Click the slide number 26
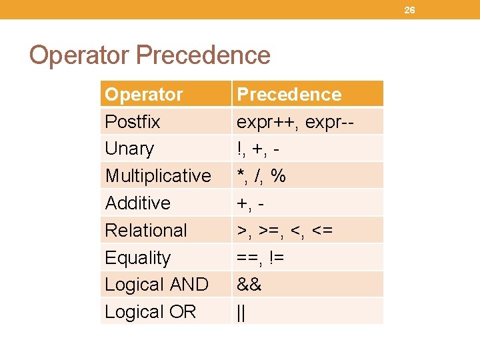click(x=409, y=10)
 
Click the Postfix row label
click(x=133, y=121)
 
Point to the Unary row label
click(x=129, y=149)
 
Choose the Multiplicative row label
click(x=158, y=176)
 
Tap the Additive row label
click(x=138, y=203)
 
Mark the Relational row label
click(x=146, y=230)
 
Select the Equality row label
click(x=138, y=257)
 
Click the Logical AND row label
click(x=157, y=285)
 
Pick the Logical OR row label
click(x=151, y=312)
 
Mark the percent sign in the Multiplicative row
click(x=279, y=176)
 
